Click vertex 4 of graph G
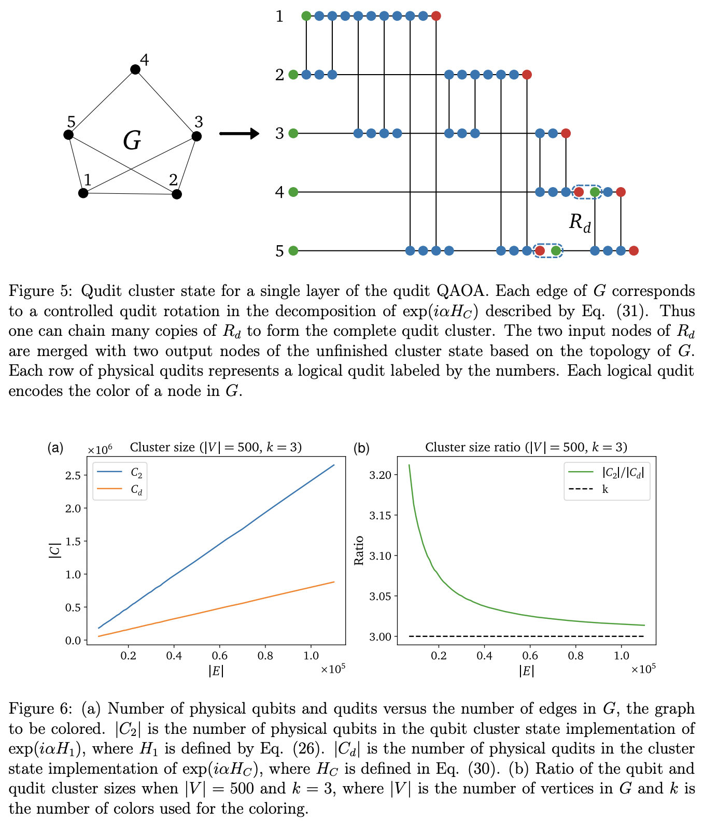point(135,69)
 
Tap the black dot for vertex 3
point(196,136)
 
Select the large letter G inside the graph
point(132,141)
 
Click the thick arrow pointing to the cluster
point(239,134)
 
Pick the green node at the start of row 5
point(293,251)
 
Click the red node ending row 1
point(436,16)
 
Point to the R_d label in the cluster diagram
point(580,222)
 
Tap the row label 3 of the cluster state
point(279,134)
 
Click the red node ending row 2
point(527,75)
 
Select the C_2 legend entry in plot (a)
point(136,473)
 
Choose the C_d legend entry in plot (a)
point(136,489)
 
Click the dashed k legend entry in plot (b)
point(604,489)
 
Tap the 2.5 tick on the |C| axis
point(74,475)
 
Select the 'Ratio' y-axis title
point(359,550)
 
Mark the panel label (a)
point(55,448)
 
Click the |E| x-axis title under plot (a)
point(216,671)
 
